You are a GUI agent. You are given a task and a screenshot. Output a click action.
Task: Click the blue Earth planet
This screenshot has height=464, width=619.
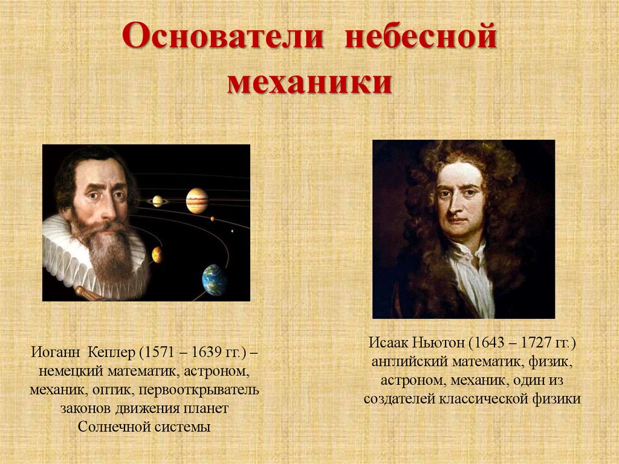click(x=215, y=280)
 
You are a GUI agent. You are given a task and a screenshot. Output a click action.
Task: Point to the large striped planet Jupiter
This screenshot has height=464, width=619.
click(x=197, y=201)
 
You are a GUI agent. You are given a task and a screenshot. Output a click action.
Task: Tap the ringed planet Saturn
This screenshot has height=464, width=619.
click(x=157, y=201)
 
